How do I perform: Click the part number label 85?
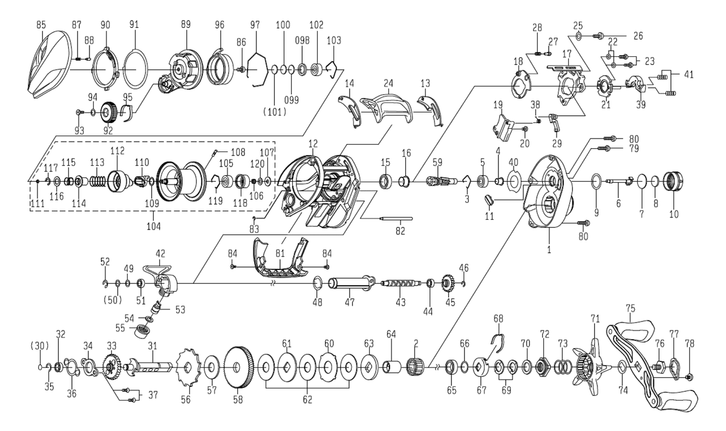click(x=41, y=26)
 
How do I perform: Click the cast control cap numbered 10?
click(x=672, y=181)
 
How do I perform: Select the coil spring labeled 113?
click(x=97, y=181)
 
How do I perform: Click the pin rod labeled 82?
click(x=396, y=218)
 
